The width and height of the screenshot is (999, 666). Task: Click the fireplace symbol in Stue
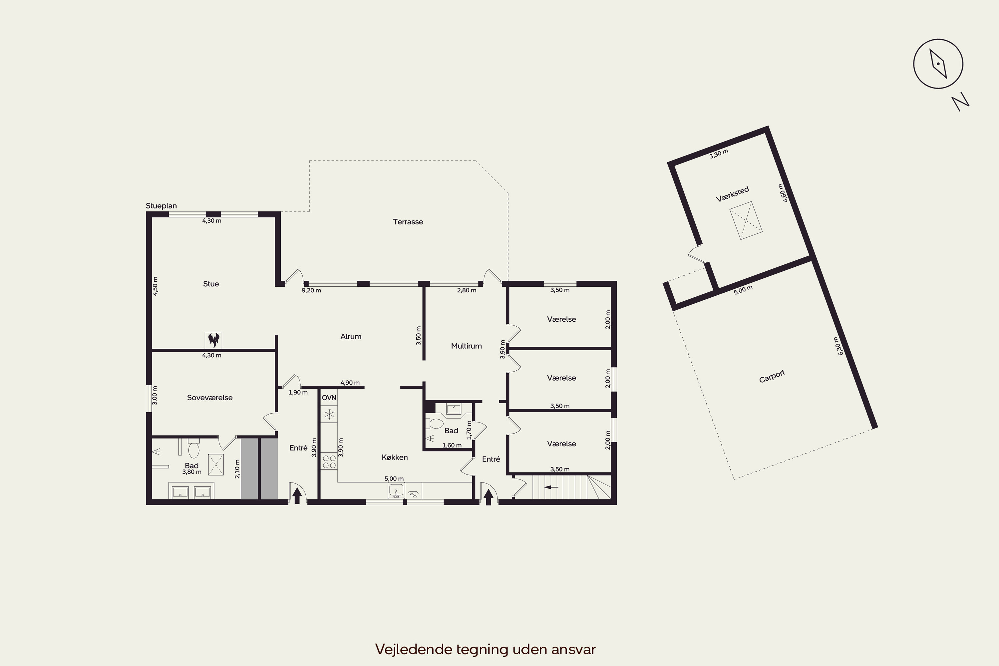click(x=213, y=340)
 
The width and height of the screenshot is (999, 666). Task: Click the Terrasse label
click(x=408, y=222)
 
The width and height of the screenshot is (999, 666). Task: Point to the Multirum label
click(x=467, y=346)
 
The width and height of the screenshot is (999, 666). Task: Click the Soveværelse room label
click(x=210, y=398)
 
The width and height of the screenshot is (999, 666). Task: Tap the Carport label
click(x=772, y=376)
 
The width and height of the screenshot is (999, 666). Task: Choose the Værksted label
click(x=732, y=194)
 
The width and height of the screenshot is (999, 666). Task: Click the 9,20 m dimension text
click(x=311, y=290)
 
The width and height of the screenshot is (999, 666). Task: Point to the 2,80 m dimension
click(x=467, y=290)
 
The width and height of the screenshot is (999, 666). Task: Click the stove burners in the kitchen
click(x=329, y=462)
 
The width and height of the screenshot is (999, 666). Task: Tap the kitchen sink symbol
click(x=396, y=491)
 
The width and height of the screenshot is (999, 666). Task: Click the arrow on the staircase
click(x=551, y=487)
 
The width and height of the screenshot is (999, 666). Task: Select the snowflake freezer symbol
click(x=329, y=414)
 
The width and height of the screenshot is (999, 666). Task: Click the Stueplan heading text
click(x=162, y=206)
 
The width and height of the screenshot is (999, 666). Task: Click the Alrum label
click(x=351, y=336)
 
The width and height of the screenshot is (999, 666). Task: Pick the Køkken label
click(x=395, y=457)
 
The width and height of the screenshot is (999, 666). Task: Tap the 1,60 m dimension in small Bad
click(x=452, y=446)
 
